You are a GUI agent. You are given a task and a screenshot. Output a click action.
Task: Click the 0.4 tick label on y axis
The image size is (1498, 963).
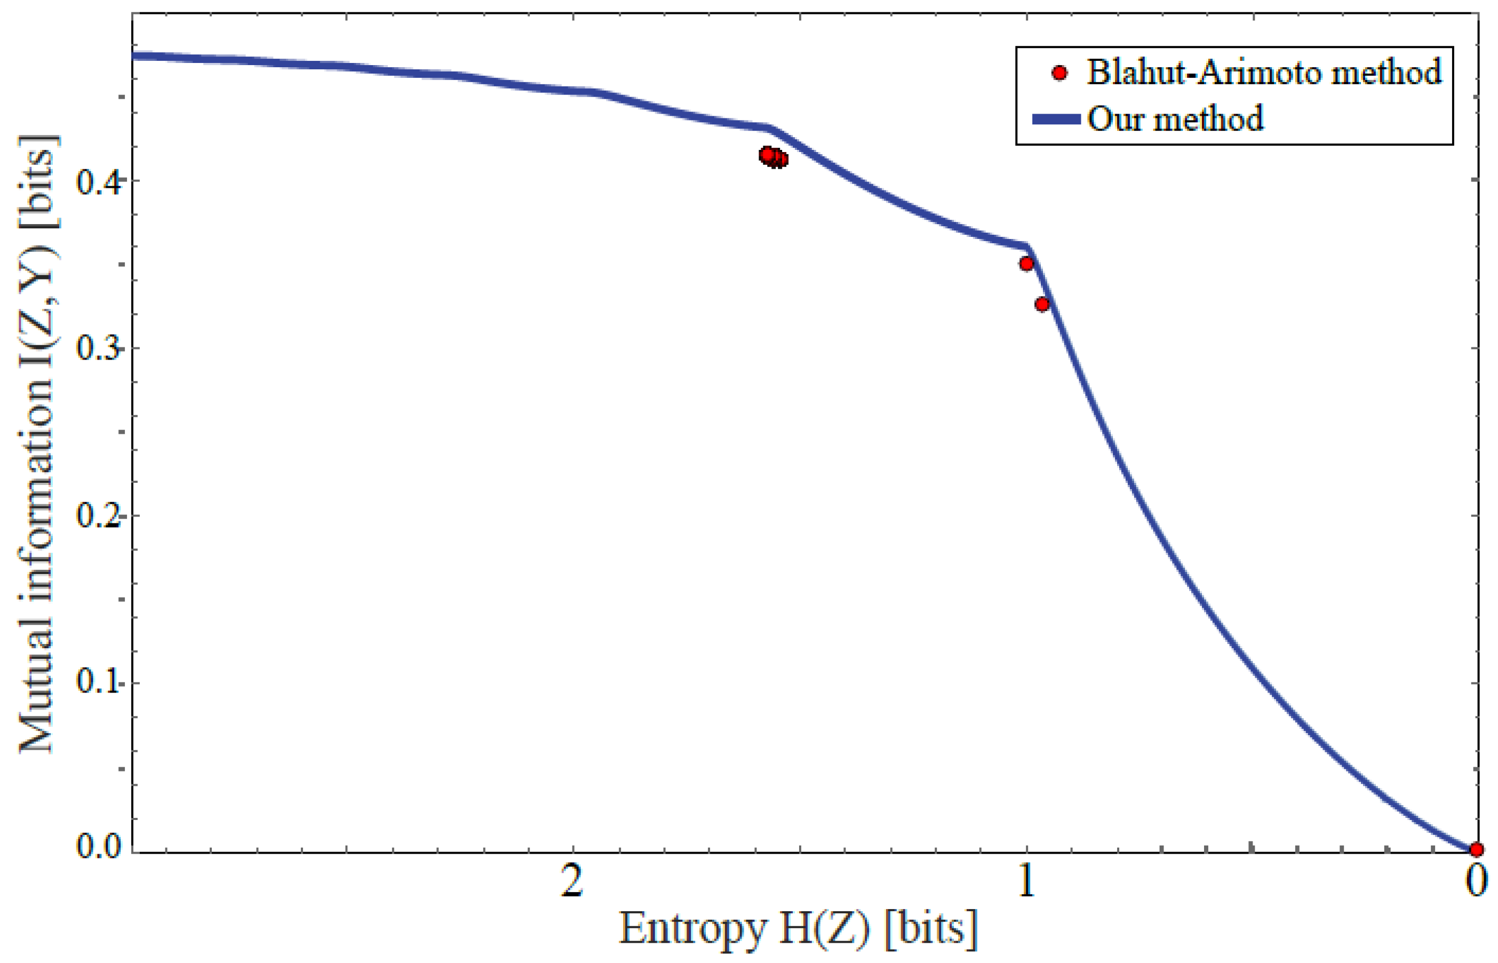coord(98,182)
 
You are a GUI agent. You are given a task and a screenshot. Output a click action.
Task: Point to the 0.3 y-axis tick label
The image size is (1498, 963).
coord(98,348)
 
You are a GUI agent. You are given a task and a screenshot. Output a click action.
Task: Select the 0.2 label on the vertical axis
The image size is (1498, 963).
coord(98,515)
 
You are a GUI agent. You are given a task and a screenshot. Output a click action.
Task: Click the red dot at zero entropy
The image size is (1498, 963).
coord(1476,849)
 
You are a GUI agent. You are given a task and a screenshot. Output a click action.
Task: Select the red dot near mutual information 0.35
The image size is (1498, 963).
coord(1026,263)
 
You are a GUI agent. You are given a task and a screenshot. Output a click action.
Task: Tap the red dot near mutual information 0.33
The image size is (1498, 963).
coord(1041,304)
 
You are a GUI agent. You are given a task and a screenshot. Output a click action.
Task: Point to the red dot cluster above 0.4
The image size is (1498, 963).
coord(773,156)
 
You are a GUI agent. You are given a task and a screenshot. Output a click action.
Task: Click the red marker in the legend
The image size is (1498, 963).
coord(1058,73)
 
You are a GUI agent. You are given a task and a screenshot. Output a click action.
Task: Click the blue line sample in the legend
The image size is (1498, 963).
coord(1055,119)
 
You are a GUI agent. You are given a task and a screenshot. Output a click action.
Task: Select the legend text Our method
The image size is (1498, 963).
coord(1175,119)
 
